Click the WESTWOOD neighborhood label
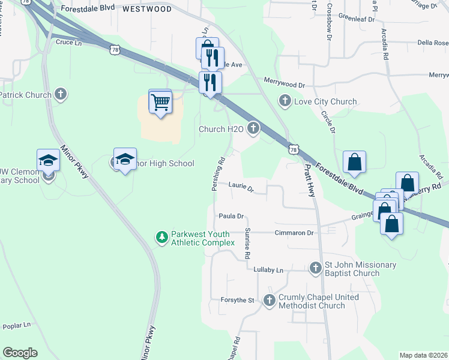(x=147, y=10)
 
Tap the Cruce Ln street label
(x=68, y=43)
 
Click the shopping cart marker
(x=160, y=101)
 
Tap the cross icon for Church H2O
(x=253, y=128)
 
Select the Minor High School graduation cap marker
(x=125, y=160)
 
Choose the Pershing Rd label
(x=218, y=175)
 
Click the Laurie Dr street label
(x=241, y=187)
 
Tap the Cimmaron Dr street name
(x=294, y=233)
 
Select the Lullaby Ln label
(x=268, y=271)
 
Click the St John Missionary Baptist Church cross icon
(x=316, y=268)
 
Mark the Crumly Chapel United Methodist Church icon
(x=269, y=301)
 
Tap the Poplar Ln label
(x=16, y=326)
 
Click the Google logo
(x=20, y=353)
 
